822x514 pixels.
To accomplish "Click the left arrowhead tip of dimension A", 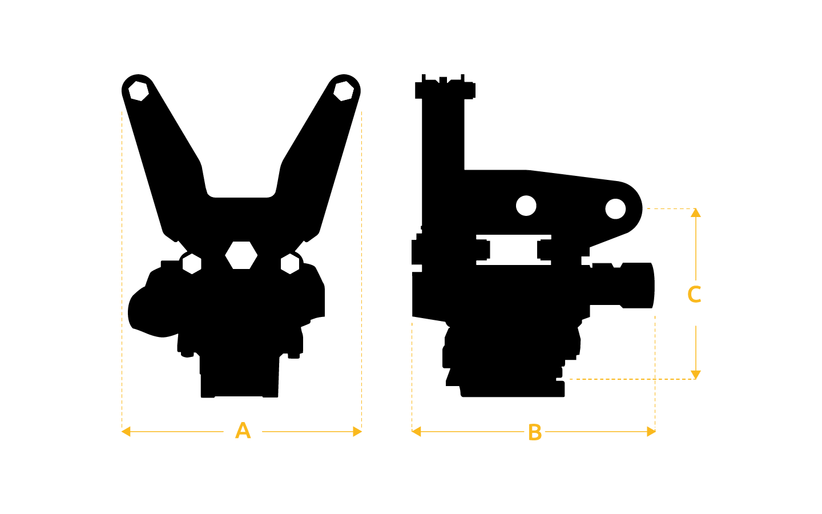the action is tap(122, 432).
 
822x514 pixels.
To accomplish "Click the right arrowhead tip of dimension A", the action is tap(362, 432).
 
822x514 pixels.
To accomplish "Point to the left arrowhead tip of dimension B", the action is tap(412, 432).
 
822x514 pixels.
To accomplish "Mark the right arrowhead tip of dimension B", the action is tap(655, 432).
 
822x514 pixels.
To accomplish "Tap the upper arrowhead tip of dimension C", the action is tap(696, 208).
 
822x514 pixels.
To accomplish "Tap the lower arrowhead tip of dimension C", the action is tap(696, 379).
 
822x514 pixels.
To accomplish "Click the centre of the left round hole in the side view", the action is tap(526, 206).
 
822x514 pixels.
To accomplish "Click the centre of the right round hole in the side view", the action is tap(615, 208).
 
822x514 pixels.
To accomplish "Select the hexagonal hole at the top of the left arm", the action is tap(139, 91).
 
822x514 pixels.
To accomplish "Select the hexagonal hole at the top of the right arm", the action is tap(344, 91).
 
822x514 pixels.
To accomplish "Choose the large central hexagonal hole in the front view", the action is tap(241, 255).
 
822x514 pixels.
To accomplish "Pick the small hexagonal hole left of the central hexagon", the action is tap(192, 264).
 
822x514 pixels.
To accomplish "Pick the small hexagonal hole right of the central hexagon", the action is tap(290, 264).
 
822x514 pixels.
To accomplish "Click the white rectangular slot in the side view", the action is tap(514, 250).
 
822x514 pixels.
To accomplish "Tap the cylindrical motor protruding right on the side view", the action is tap(623, 286).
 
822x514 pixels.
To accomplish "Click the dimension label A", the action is tap(243, 431).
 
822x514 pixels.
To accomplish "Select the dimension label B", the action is tap(535, 432).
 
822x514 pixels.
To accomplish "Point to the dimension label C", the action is tap(694, 294).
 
